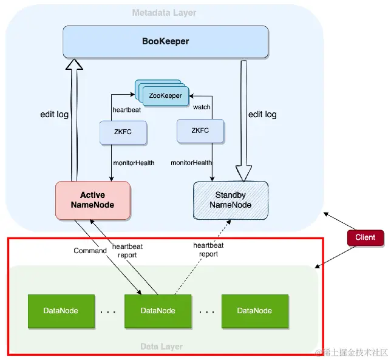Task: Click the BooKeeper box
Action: coord(166,41)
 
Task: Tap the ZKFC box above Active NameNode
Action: coord(123,131)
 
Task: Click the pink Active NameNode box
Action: coord(92,200)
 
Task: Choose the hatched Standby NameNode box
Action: coord(230,200)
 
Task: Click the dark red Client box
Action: coord(365,237)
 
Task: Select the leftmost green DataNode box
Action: coord(61,310)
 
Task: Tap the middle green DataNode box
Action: coord(158,310)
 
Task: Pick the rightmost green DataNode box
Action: coord(254,310)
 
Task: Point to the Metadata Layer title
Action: coord(164,13)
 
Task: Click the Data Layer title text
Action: coord(161,347)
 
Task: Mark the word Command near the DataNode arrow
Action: coord(90,251)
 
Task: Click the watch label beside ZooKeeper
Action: coord(202,107)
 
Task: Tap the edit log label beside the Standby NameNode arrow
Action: coord(263,114)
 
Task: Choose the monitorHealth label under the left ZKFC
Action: coord(134,163)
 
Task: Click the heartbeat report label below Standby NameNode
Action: coord(208,250)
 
